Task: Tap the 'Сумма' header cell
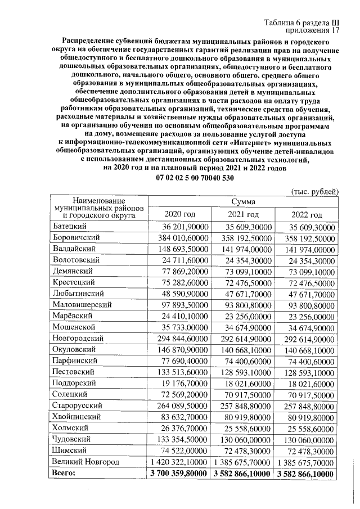tap(243, 201)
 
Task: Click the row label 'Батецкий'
tap(69, 226)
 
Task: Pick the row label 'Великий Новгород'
tap(85, 462)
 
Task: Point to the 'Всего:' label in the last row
tap(63, 474)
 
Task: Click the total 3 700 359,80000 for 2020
tap(178, 474)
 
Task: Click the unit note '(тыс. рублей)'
tap(314, 191)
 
